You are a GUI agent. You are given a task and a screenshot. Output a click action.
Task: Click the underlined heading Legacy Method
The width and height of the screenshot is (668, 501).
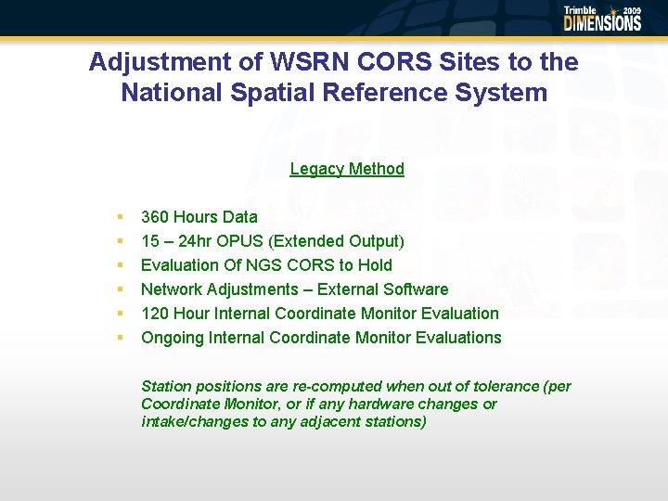click(347, 169)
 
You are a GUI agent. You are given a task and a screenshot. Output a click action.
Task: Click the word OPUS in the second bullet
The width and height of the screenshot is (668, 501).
click(240, 241)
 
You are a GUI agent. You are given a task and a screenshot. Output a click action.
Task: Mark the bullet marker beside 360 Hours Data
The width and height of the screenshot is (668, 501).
click(120, 217)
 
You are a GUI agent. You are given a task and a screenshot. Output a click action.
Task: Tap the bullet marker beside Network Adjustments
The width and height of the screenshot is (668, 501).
click(120, 289)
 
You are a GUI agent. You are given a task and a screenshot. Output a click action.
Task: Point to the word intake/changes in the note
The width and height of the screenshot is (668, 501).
click(189, 421)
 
